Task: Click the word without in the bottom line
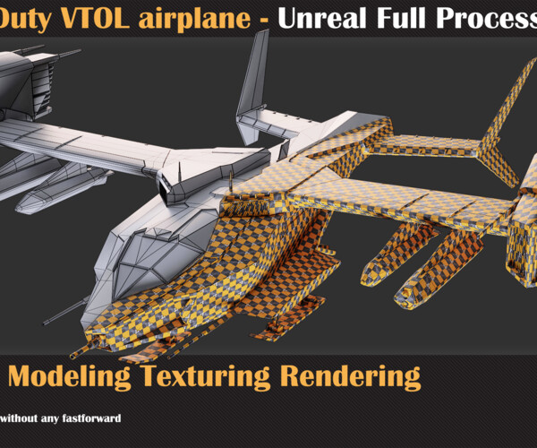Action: click(21, 418)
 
